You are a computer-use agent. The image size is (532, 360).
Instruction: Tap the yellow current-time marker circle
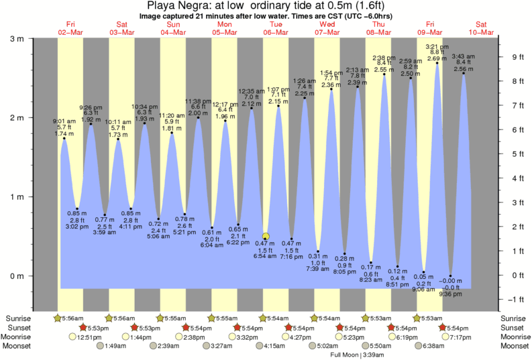coord(266,237)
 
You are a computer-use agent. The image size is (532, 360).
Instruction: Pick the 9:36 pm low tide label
coord(452,293)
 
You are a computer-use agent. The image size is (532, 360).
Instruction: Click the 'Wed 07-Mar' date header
coord(327,28)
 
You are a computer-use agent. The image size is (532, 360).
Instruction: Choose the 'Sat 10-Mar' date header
coord(480,28)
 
